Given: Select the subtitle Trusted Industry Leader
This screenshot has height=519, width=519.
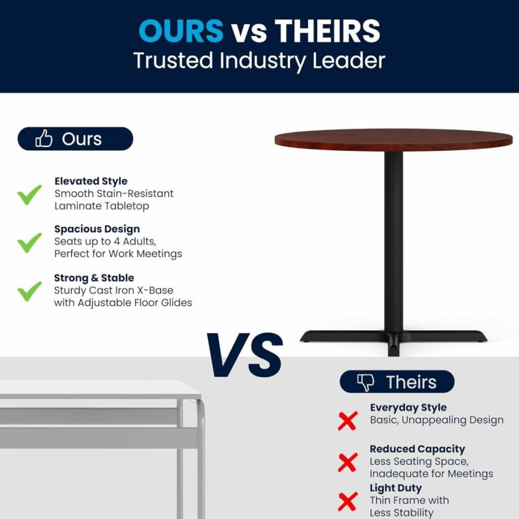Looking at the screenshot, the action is point(259,60).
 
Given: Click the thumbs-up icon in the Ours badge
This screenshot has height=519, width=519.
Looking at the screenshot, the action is point(44,138).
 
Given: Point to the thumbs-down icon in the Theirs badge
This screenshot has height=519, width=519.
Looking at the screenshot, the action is point(365,382).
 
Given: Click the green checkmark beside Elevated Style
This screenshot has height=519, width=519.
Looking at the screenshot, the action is point(29,195).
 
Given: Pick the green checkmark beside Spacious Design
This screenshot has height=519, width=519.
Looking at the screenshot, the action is point(29,243).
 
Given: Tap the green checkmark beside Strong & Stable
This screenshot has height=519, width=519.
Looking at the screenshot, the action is point(29,291).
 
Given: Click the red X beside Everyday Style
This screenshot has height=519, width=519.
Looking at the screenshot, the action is point(348,420).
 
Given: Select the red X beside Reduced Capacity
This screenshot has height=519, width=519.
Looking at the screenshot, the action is point(348,462).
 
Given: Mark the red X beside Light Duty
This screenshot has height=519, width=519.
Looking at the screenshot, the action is point(348,501).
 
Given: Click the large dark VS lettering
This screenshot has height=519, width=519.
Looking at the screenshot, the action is point(245,355).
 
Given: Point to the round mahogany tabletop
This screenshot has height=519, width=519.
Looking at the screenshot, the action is point(393,140).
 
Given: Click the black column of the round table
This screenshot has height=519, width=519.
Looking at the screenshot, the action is point(393,241).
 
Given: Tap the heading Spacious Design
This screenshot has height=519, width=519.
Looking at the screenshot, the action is point(97,229).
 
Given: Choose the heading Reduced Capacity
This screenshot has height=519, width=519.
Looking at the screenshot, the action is point(418,449).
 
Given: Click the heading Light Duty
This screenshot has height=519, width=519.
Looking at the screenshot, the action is point(396,488).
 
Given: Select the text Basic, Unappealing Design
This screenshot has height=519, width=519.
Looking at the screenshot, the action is point(437,420).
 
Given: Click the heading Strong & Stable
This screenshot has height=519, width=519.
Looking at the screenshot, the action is point(94,278).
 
